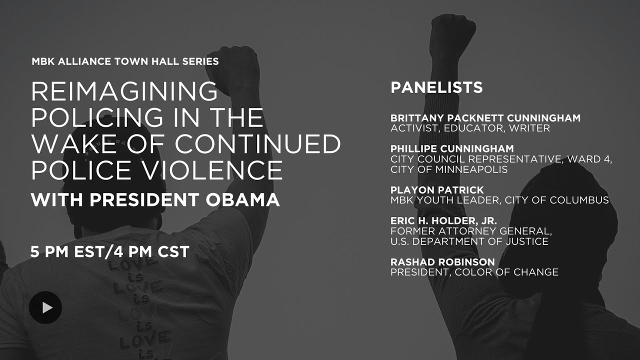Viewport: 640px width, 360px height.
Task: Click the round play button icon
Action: (45, 307)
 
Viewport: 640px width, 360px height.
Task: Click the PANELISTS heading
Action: (436, 87)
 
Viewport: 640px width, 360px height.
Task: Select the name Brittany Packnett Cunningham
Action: (485, 118)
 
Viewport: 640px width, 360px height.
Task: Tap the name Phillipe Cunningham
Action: (452, 149)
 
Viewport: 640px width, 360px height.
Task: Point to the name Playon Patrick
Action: (437, 190)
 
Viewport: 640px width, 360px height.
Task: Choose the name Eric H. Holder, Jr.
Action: (443, 221)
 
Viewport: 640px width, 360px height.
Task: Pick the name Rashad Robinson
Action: (442, 262)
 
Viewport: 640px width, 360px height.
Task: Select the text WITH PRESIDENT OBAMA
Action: (155, 199)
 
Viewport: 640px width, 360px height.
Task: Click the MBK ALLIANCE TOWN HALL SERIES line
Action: (125, 61)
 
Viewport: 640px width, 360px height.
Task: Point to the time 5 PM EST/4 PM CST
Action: (109, 251)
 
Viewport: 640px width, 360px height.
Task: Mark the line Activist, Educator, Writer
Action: (470, 128)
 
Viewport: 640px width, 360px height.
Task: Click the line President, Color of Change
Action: (474, 272)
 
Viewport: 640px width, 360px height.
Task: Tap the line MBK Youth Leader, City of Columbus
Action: (499, 200)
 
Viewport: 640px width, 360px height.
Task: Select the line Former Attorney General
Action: (471, 231)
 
